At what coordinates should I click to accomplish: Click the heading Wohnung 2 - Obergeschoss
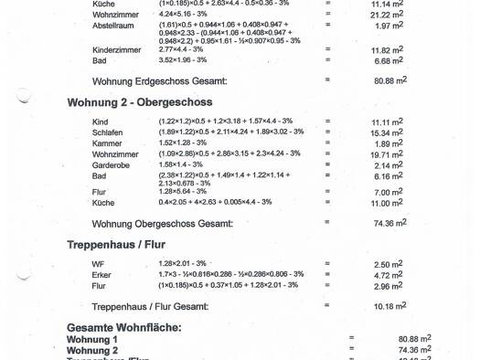tap(139, 102)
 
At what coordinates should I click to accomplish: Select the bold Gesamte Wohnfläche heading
tap(123, 327)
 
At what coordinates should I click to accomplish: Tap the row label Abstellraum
tap(113, 26)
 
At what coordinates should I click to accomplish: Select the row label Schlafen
tap(108, 132)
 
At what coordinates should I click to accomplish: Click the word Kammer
tap(107, 143)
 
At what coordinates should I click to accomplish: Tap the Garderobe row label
tap(112, 164)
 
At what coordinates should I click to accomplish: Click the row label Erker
tap(102, 274)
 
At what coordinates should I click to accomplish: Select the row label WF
tap(99, 264)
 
